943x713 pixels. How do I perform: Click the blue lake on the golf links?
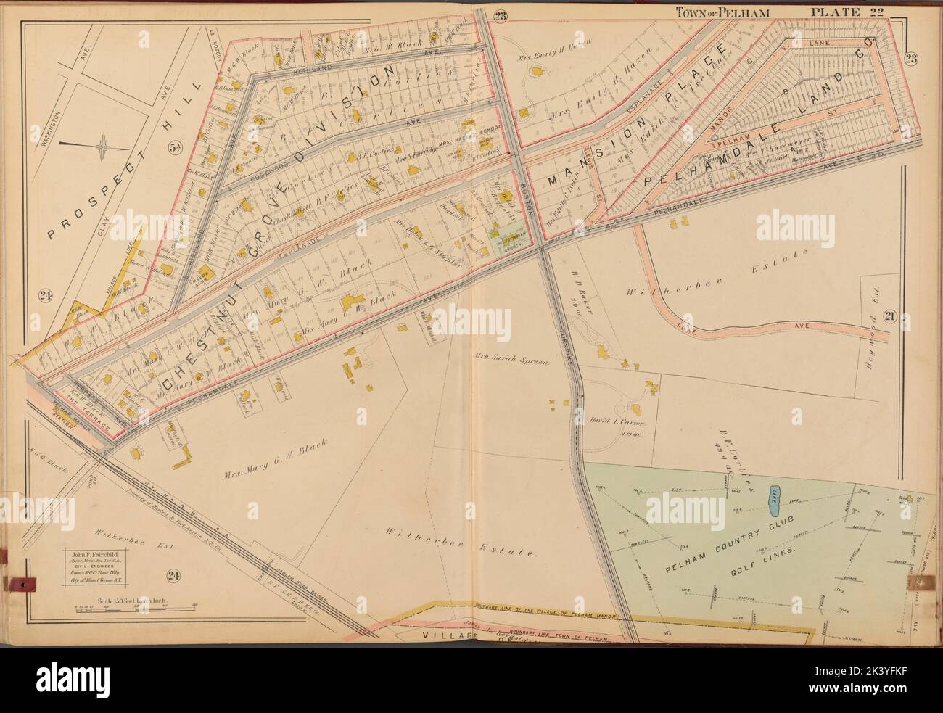click(774, 495)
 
